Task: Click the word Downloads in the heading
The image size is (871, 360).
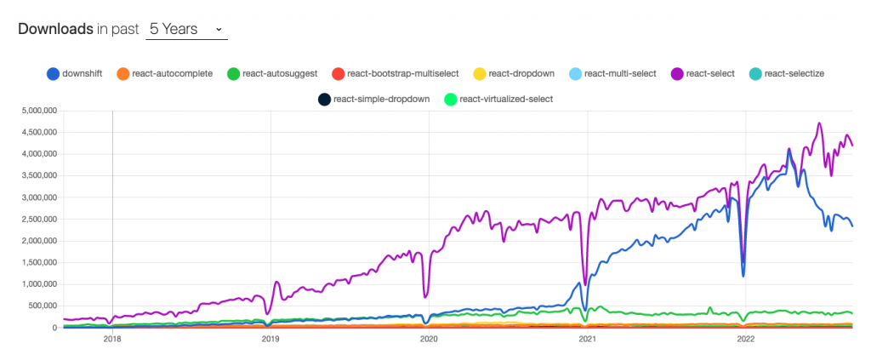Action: tap(55, 29)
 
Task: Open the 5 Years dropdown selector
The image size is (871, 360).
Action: tap(185, 29)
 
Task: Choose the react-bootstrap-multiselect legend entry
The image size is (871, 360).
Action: tap(394, 73)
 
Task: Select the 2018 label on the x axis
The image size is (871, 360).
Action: tap(111, 338)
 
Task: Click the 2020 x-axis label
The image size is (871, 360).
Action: tap(429, 338)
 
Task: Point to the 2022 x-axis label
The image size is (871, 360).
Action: tap(745, 338)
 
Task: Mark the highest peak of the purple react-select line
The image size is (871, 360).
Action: tap(819, 123)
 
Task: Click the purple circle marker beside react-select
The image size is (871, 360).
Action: tap(678, 73)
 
